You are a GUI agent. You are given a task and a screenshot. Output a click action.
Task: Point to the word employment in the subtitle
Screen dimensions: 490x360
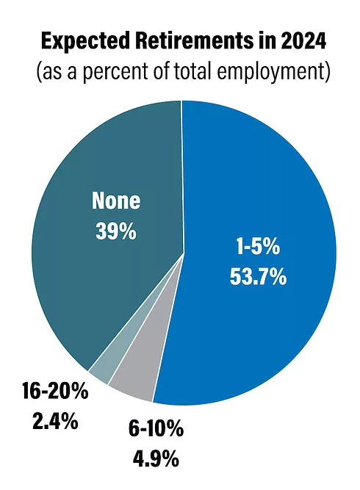(x=273, y=74)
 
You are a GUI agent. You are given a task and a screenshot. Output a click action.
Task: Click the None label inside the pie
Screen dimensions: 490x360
(x=115, y=201)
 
